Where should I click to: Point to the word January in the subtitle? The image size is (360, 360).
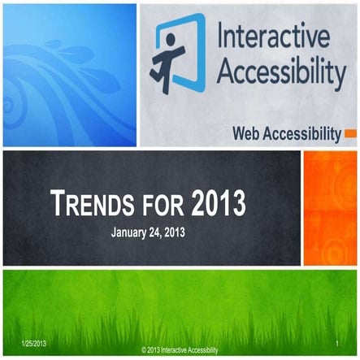[131, 231]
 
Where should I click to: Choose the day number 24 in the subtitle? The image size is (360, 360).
[163, 231]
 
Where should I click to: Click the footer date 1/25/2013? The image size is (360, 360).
[29, 345]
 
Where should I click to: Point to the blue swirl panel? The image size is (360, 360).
[70, 73]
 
